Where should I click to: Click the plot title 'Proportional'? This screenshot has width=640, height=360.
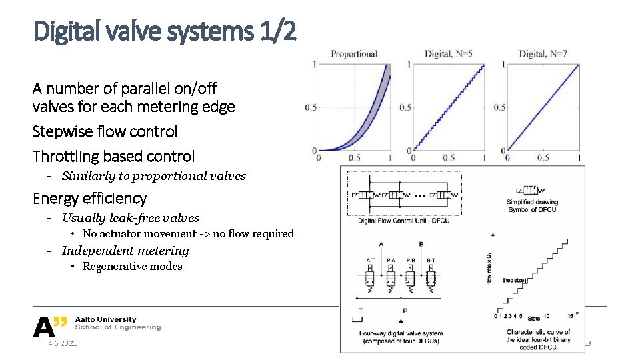(x=354, y=54)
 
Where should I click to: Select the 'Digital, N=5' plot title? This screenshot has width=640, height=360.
(x=449, y=54)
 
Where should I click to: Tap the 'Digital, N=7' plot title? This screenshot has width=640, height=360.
(x=543, y=54)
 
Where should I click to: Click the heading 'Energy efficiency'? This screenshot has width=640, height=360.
(x=90, y=199)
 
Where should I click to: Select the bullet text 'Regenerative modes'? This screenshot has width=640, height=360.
(x=132, y=267)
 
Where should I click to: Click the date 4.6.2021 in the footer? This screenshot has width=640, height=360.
(x=62, y=343)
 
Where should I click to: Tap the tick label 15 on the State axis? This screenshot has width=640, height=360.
(x=571, y=317)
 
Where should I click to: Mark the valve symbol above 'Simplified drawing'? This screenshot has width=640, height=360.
(x=531, y=191)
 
